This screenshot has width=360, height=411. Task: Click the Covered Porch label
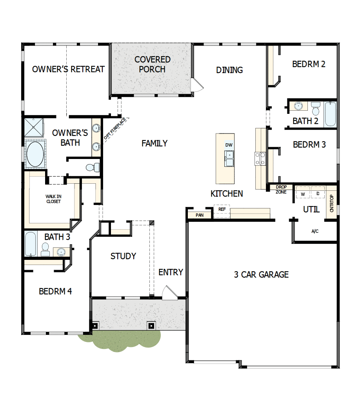(152, 64)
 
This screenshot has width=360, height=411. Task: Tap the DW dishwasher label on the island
(229, 145)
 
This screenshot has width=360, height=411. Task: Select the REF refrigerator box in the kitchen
(222, 210)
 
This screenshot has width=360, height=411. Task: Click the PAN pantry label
(200, 215)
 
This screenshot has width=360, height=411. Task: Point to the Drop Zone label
(281, 190)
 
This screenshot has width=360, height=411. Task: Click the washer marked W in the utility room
(303, 194)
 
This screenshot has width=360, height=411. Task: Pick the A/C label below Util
(315, 231)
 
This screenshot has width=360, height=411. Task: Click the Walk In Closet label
(53, 199)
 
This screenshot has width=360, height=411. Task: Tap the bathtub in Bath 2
(330, 114)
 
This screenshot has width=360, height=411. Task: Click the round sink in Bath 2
(298, 105)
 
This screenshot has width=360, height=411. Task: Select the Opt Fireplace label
(115, 128)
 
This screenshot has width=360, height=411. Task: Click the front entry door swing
(169, 293)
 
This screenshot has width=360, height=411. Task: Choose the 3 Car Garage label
(261, 274)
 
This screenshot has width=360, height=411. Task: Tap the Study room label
(123, 256)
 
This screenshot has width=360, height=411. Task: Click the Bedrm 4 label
(55, 291)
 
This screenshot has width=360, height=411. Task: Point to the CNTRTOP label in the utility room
(332, 204)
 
